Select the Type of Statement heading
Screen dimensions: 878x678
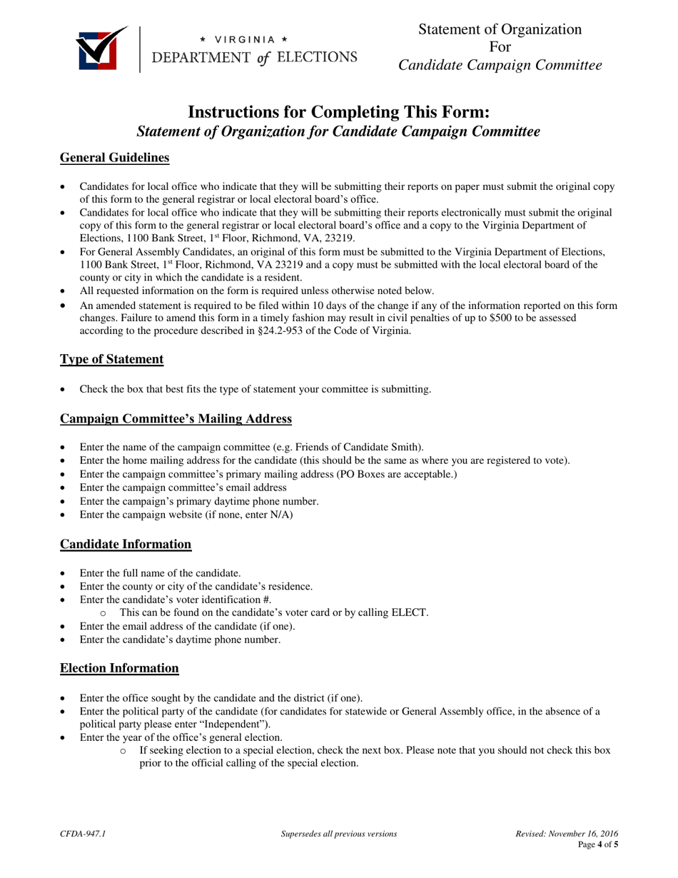click(x=111, y=359)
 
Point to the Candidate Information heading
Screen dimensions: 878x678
click(x=126, y=544)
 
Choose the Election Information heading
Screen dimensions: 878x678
click(x=119, y=668)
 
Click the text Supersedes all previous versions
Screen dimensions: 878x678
click(x=339, y=834)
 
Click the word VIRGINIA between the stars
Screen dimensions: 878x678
click(x=245, y=39)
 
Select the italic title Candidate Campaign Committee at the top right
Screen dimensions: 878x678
click(x=500, y=66)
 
